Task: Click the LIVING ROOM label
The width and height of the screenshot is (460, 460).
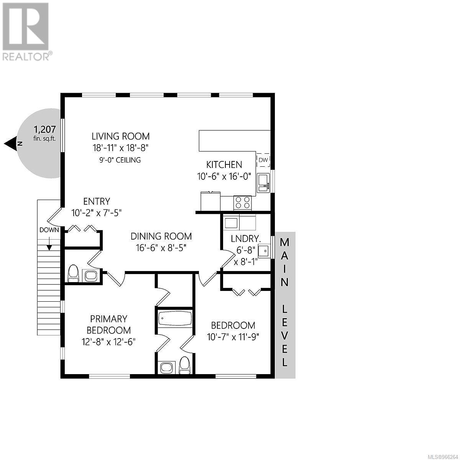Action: coord(120,136)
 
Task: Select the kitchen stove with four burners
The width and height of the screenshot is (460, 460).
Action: coord(242,202)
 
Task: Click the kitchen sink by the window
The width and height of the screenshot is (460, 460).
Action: coord(263,183)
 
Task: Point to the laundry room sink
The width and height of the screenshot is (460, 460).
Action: coord(264,251)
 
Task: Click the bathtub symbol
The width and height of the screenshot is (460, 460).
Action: coord(174,319)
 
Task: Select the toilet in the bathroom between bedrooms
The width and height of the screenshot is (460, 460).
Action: coord(185,365)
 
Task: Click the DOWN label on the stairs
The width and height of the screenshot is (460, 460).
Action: coord(49,230)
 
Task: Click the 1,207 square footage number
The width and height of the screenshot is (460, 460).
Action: coord(45,129)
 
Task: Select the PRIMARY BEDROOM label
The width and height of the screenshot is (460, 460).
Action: coord(108,324)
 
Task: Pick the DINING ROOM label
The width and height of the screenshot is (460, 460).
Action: coord(161,236)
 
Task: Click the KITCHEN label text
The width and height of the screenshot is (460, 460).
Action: coord(224,164)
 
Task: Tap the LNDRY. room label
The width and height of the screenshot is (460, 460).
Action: coord(246,238)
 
